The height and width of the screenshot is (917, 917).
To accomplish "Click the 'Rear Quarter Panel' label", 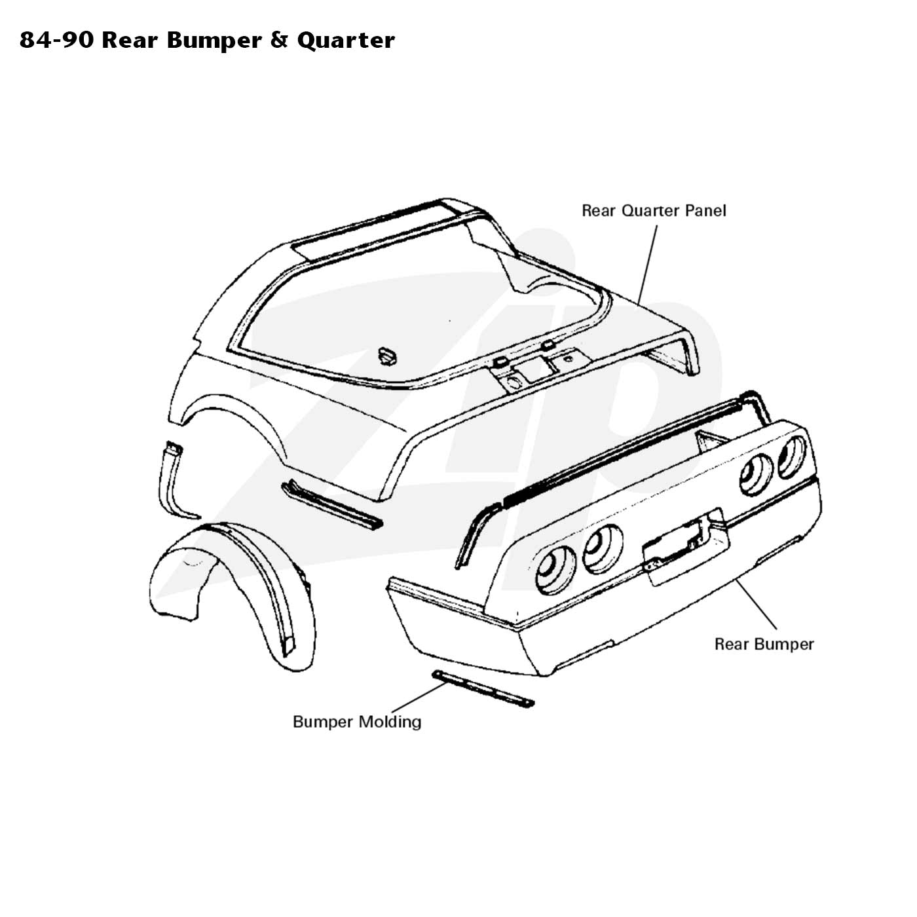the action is pyautogui.click(x=654, y=210).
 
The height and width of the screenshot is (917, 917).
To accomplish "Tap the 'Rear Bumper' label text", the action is pyautogui.click(x=764, y=645).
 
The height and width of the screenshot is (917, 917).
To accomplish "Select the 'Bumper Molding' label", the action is pyautogui.click(x=357, y=722).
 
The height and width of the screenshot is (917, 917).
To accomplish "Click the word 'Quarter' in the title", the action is pyautogui.click(x=346, y=41).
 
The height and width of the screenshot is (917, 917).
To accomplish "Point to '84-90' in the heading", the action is pyautogui.click(x=56, y=41).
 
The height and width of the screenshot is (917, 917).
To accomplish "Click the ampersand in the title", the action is pyautogui.click(x=279, y=40).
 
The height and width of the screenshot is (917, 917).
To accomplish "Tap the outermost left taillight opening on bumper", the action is pyautogui.click(x=555, y=570).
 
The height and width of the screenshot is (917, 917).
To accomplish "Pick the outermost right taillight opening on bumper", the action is pyautogui.click(x=791, y=457).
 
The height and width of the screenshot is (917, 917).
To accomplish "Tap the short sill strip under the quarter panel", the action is pyautogui.click(x=331, y=506).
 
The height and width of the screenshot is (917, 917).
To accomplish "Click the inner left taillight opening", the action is pyautogui.click(x=602, y=549).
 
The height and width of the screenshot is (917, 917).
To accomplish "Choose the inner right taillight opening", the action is pyautogui.click(x=756, y=474).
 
